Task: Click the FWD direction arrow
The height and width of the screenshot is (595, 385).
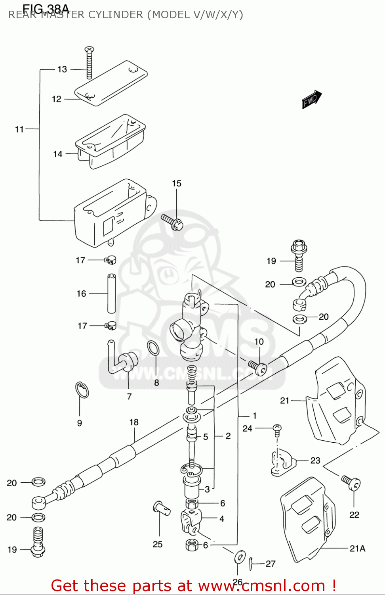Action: coord(311,99)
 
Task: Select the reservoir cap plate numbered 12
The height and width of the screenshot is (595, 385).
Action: coord(111,84)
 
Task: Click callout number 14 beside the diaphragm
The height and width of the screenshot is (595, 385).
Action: coord(58,154)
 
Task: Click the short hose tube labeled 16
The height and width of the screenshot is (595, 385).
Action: coord(112,294)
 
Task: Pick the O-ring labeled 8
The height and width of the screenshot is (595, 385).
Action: coord(153,348)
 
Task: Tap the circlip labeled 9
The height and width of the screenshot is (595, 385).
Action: coord(82,390)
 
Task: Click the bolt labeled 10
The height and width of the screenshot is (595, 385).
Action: coord(258,367)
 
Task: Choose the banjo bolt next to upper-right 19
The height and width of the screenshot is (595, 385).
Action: coord(299,255)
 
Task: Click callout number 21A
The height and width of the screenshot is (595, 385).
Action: coord(357,549)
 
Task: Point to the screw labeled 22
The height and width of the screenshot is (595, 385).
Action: coord(351,482)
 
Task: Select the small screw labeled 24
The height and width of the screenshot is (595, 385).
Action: coord(277,429)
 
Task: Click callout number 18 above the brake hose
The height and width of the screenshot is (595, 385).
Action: coord(134,422)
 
